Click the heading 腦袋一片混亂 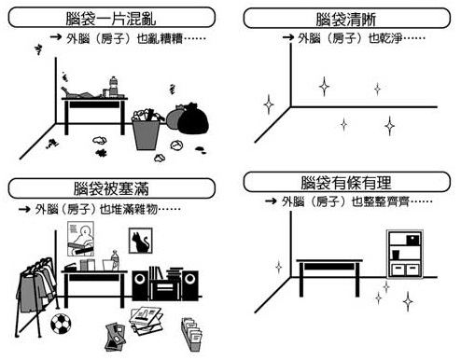tap(111, 19)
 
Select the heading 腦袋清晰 tap(346, 20)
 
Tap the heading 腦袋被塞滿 tap(111, 188)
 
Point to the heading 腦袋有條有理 tap(346, 183)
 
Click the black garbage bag tap(192, 119)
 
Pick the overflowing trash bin tap(147, 129)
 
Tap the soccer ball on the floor tap(61, 324)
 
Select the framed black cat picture tap(141, 241)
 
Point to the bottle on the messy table tap(114, 86)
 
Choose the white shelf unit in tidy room tap(405, 254)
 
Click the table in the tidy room tap(329, 278)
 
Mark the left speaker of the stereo tap(140, 285)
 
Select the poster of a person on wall tap(81, 239)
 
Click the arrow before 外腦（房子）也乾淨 tap(288, 37)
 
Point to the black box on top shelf tap(412, 240)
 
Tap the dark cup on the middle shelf tap(396, 255)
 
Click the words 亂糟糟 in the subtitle tap(166, 38)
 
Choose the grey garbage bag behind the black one tap(175, 118)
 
